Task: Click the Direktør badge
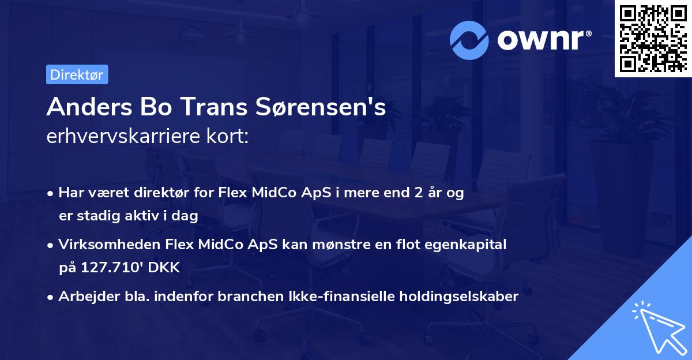click(x=77, y=74)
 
